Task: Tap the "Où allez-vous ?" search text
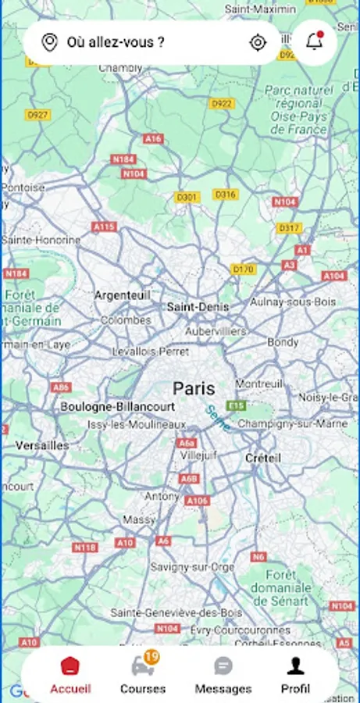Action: tap(116, 42)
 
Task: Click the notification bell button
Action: tap(315, 42)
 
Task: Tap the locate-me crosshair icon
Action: tap(258, 42)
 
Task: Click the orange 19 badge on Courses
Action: tap(151, 657)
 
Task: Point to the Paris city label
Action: tap(194, 388)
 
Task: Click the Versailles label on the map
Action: tap(42, 445)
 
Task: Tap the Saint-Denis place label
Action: tap(198, 307)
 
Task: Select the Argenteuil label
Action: tap(122, 295)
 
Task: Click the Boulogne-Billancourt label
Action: tap(118, 407)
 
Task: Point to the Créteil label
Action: tap(262, 458)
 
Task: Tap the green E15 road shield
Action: tap(235, 406)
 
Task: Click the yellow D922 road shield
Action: tap(222, 103)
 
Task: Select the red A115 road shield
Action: tap(104, 227)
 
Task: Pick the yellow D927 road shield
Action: tap(37, 115)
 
